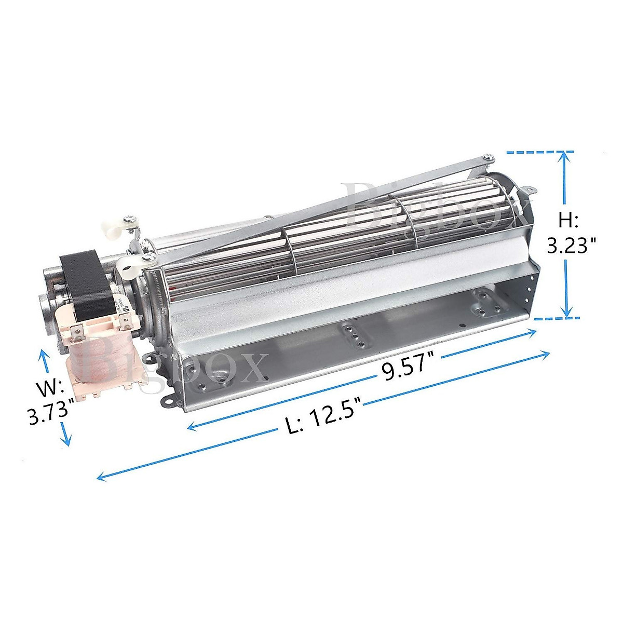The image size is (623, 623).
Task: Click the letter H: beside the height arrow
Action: tap(568, 221)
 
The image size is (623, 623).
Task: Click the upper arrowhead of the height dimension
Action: tap(566, 156)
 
